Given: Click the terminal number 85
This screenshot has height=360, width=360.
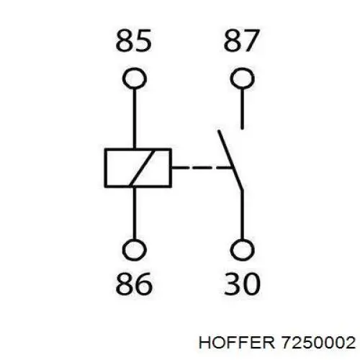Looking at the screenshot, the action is (x=133, y=40).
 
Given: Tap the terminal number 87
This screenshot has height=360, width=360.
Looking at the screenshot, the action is (x=241, y=40).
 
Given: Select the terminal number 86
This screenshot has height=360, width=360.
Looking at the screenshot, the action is (x=134, y=284).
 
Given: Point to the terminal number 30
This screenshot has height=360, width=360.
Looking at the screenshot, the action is (x=242, y=284).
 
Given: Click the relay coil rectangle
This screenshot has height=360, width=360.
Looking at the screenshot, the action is (x=105, y=168).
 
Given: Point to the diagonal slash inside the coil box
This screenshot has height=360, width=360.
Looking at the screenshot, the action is (x=142, y=168).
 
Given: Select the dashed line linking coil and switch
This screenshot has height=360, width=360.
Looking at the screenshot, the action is (x=202, y=167).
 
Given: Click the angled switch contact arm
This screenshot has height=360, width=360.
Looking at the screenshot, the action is (x=230, y=161).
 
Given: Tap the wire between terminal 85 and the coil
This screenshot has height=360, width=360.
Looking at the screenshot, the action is (x=135, y=119).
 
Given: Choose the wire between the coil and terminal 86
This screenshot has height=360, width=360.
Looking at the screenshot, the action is (x=135, y=213).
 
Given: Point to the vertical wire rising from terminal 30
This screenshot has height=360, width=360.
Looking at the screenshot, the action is (x=243, y=215).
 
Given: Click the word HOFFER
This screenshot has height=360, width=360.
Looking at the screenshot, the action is (x=237, y=342).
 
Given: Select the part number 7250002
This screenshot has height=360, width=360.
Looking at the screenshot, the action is (x=318, y=342).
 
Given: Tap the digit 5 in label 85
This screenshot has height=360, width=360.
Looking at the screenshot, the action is (x=143, y=40).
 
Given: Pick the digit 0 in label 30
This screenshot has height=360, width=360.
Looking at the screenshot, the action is (x=251, y=284).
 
